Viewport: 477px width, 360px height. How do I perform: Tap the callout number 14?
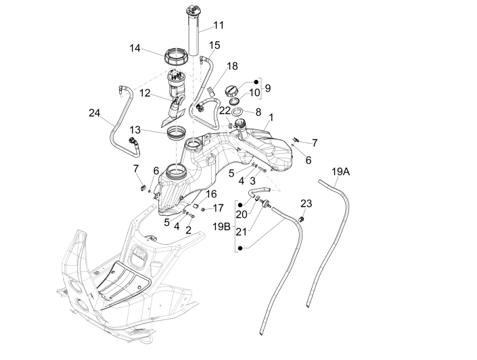(x=135, y=48)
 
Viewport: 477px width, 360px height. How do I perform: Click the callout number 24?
(x=94, y=114)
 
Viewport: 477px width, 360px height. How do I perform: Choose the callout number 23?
(x=306, y=202)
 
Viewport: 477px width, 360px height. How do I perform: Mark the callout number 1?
(x=270, y=117)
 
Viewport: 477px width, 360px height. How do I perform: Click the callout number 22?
(x=225, y=110)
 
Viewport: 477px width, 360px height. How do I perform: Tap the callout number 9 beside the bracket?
(x=267, y=88)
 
